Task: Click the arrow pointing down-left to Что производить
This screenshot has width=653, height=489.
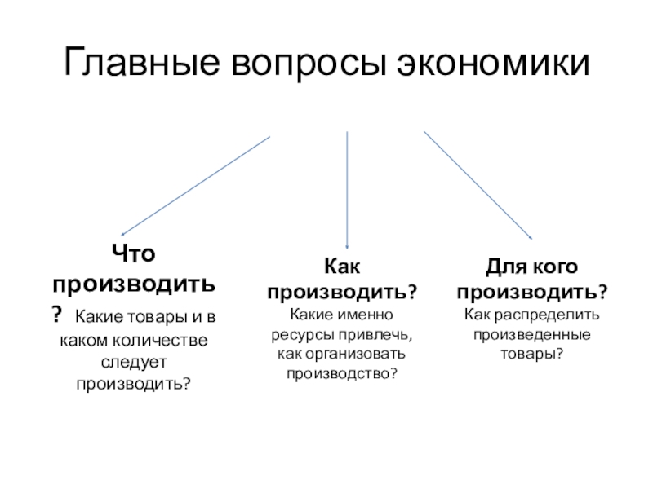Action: coord(195,185)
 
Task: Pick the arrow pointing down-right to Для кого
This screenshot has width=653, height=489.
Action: coord(478,186)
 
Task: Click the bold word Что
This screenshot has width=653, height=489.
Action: coord(134,255)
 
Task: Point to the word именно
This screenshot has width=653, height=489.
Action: coord(366,314)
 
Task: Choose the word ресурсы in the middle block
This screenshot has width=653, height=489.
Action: coord(297,334)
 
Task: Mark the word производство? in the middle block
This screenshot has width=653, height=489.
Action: coord(342,374)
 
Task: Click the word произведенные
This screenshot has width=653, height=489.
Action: coord(532,334)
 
